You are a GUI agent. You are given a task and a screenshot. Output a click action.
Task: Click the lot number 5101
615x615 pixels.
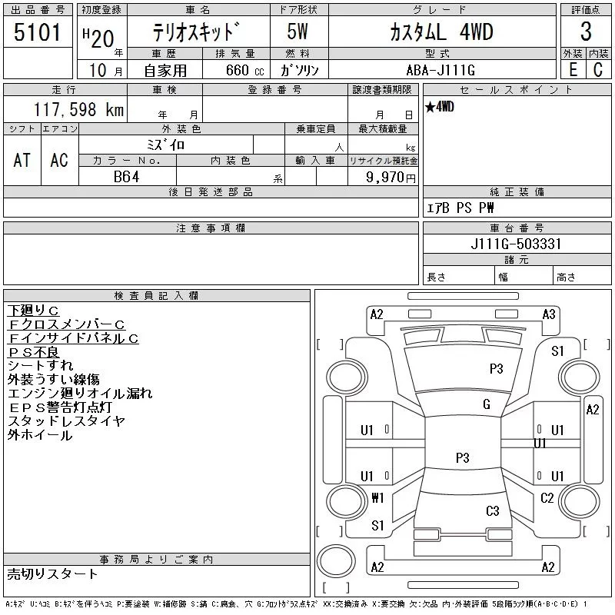(37, 32)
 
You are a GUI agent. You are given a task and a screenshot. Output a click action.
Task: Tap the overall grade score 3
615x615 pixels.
(586, 32)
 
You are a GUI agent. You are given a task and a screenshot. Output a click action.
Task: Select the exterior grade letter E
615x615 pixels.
(573, 69)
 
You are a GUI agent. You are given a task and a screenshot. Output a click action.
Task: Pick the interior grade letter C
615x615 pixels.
(598, 69)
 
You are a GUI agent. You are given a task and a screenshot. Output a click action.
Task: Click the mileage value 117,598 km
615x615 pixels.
(78, 109)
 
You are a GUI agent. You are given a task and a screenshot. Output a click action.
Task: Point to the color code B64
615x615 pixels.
(126, 177)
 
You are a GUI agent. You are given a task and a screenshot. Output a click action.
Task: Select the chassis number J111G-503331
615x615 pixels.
(516, 244)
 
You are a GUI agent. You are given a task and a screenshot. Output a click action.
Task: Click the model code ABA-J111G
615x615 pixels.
(440, 70)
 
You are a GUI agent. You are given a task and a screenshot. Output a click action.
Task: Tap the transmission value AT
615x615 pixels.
(22, 161)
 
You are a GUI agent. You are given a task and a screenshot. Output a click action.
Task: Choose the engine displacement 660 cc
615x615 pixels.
(244, 70)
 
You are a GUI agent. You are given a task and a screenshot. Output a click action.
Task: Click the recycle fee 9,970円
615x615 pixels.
(391, 178)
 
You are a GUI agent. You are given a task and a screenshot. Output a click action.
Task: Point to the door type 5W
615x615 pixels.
(298, 32)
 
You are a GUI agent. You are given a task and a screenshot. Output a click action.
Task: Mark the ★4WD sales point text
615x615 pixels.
(439, 107)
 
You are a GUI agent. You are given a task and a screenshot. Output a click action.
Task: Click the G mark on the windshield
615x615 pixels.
(487, 404)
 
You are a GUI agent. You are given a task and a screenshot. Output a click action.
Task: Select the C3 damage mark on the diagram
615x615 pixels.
(493, 511)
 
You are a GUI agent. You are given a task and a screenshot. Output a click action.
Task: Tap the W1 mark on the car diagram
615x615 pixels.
(377, 497)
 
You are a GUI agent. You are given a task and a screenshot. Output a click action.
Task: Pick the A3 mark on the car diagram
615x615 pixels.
(549, 314)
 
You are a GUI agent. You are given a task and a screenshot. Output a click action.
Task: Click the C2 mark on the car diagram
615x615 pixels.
(547, 498)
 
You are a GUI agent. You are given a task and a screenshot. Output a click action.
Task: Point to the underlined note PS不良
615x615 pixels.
(34, 352)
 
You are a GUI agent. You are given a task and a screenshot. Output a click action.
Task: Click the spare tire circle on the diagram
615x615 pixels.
(336, 561)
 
